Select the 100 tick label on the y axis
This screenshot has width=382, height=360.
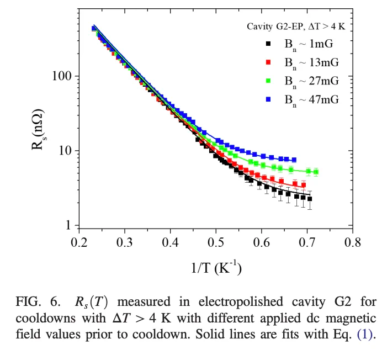[63, 76]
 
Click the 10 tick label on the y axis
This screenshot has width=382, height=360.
[66, 151]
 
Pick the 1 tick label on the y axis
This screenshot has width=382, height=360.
[70, 225]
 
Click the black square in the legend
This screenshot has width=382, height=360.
[268, 43]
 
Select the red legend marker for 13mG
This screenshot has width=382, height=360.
[268, 61]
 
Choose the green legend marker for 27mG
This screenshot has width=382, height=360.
[268, 80]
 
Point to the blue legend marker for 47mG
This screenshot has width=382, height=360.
[268, 99]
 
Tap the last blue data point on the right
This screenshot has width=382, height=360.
[294, 160]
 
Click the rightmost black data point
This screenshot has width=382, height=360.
[310, 199]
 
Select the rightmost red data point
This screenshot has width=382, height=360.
[304, 185]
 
